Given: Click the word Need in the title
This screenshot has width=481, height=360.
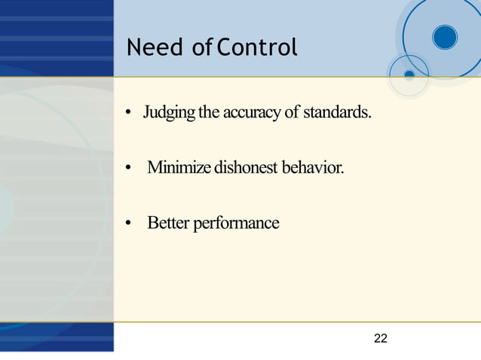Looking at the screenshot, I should coord(155,49).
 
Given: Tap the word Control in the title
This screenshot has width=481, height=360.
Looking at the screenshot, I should coord(257,49).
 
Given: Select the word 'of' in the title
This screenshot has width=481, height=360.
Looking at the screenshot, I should coord(201,49).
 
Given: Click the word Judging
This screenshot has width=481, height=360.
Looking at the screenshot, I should coord(169,114).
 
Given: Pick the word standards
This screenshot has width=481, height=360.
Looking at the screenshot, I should coord(337,114).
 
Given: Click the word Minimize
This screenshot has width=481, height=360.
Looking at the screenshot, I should coord(179,167).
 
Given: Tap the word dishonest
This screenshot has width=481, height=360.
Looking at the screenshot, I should coord(246,167).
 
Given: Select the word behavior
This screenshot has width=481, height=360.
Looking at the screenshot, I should coord(313,167).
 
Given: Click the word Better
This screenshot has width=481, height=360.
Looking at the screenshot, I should coord(168,223).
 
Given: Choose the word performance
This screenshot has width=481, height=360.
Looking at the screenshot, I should coord(236,224).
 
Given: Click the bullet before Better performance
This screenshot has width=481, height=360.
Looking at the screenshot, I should coord(129,224).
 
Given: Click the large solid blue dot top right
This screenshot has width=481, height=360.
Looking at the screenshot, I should coord(445,37).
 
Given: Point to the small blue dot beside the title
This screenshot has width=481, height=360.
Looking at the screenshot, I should coord(409,75).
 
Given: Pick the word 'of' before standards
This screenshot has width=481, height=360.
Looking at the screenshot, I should coord(292,114).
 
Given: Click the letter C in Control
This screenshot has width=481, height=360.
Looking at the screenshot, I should coord(222,49).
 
